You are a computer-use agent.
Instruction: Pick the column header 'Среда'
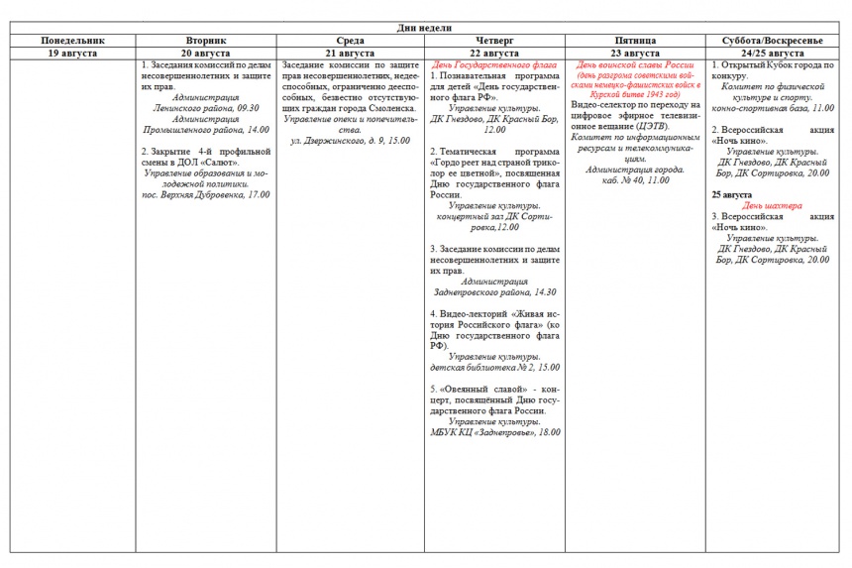point(352,41)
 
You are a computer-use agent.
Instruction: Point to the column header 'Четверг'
point(494,41)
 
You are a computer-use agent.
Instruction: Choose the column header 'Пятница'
point(636,41)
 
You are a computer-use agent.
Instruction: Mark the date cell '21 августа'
point(352,53)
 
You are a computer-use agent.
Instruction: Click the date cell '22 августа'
point(494,53)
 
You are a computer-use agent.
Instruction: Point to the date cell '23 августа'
point(636,53)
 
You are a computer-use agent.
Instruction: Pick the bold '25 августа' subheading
point(731,194)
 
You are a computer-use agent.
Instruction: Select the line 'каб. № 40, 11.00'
point(636,180)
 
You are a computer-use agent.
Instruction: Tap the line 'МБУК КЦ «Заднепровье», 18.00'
point(494,432)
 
